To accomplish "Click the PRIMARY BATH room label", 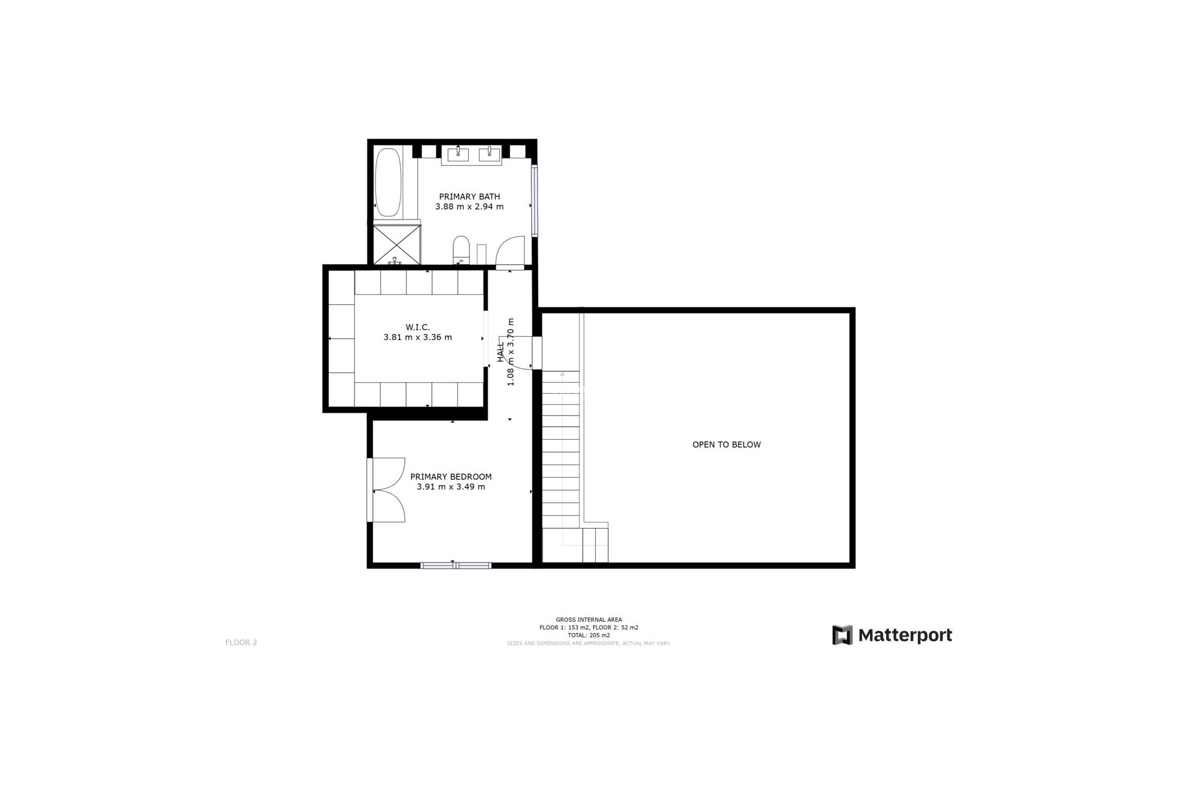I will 469,197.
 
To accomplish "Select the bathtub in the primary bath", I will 388,182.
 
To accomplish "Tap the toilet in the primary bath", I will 461,250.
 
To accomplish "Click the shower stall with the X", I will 397,243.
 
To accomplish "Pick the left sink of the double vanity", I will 458,153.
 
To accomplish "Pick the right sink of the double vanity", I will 490,153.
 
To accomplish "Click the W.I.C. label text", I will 418,327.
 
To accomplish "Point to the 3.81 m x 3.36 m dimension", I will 418,337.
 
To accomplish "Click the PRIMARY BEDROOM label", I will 451,477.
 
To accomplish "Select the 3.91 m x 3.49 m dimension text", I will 451,487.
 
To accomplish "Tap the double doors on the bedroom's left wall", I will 388,490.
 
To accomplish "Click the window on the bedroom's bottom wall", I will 456,565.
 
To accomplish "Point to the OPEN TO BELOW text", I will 726,445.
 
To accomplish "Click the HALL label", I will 501,351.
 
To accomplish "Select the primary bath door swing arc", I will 510,252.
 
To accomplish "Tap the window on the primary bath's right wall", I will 534,201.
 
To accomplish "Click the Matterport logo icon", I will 842,635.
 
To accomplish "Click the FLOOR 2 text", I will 241,643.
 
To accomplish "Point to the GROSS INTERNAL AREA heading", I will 588,620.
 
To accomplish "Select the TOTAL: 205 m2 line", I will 588,635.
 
